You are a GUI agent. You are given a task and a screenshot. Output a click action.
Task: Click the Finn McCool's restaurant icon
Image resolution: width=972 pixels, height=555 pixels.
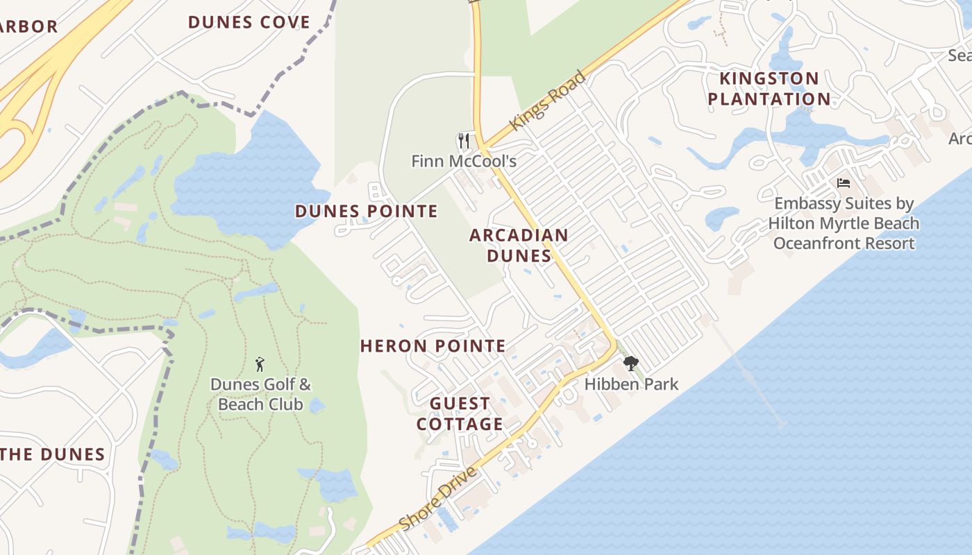pos(464,142)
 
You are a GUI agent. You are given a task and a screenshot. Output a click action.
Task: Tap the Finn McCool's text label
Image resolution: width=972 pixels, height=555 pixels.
pos(464,162)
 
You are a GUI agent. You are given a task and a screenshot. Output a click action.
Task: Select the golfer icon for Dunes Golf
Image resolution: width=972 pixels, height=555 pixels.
pos(260,364)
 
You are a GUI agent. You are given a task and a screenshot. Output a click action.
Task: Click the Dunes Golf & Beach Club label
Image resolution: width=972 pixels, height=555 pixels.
pos(260,394)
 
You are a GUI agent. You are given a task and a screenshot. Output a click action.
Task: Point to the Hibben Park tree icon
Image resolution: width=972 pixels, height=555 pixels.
pos(630,364)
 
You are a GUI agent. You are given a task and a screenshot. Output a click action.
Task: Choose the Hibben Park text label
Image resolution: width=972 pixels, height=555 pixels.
pos(631,384)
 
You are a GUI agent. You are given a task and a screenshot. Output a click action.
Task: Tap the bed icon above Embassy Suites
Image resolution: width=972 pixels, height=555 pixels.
pos(844,183)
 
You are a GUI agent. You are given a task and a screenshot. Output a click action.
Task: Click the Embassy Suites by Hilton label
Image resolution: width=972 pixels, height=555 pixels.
pos(844,223)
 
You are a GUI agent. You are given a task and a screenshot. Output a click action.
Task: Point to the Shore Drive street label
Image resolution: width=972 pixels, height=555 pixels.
pos(439,498)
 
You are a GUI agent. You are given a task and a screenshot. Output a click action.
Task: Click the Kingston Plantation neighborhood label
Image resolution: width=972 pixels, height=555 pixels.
pos(769,88)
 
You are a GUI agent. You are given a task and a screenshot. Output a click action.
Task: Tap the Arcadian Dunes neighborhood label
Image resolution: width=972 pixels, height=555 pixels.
pos(519,245)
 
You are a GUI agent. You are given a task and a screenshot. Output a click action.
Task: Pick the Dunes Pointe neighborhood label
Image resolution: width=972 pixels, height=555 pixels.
pos(367,211)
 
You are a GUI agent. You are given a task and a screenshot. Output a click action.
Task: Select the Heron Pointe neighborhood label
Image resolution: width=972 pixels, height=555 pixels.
pos(433,345)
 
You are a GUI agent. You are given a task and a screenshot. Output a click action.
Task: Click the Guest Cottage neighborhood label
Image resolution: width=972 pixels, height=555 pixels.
pos(460,413)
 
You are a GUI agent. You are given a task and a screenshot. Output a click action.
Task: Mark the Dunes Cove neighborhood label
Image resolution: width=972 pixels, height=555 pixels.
pos(249,22)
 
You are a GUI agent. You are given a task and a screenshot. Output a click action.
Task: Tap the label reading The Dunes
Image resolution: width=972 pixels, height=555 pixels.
pos(53,455)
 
